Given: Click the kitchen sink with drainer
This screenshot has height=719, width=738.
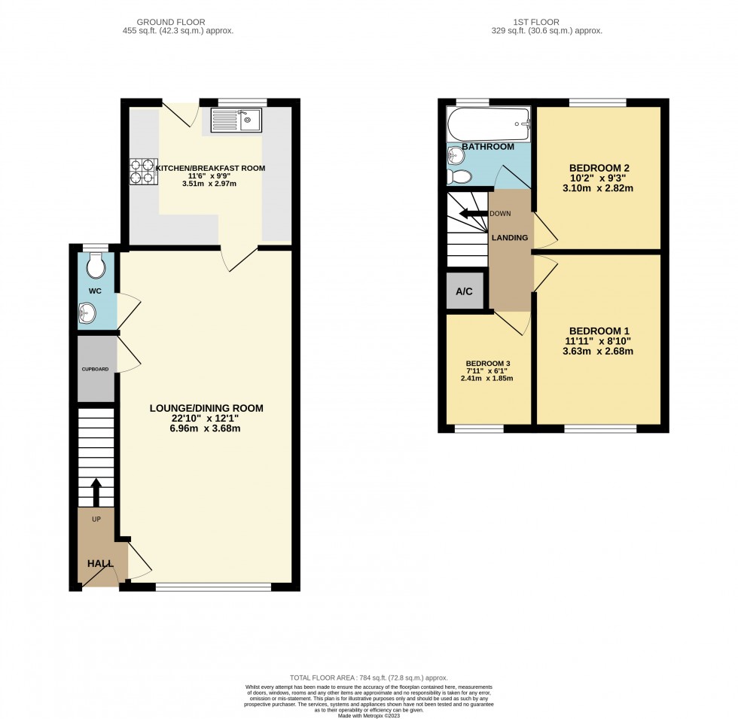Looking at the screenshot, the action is pos(236,120).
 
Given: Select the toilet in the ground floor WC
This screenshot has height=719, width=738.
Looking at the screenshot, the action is pos(96,267).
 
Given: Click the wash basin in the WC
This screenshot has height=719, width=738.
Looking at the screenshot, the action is pos(87,313).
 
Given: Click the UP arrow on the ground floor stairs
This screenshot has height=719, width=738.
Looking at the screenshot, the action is pos(96,492).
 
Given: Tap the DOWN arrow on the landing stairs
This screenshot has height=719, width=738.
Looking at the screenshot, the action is pos(474,214).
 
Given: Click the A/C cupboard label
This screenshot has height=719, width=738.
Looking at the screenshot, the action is pos(464,292).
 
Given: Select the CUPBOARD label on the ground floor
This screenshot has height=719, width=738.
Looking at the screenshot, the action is pos(95,370).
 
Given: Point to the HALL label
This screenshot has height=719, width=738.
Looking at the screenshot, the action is pos(100,563).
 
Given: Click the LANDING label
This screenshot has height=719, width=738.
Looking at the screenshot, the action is pos(510,238).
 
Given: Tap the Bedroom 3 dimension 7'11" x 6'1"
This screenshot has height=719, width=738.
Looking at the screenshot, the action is pos(486,370).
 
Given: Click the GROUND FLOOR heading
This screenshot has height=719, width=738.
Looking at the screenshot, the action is pos(171,22).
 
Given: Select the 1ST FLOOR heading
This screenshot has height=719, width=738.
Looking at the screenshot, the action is pos(536,22).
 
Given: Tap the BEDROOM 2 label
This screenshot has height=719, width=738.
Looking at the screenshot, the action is pos(599,168).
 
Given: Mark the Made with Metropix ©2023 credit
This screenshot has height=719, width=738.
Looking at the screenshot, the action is pos(368,716).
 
